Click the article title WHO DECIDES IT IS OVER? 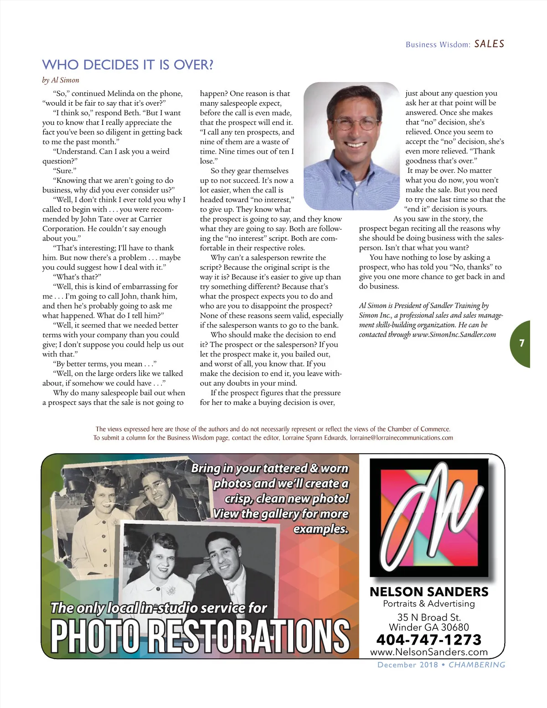click(x=128, y=65)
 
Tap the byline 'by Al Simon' click(x=61, y=80)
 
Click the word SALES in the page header click(x=489, y=44)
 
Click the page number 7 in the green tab click(x=522, y=343)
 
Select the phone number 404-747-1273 click(x=428, y=640)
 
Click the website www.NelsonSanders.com click(x=428, y=652)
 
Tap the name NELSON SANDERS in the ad click(x=428, y=592)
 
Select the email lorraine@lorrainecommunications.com click(x=401, y=438)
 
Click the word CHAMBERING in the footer click(x=477, y=665)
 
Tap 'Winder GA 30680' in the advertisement click(x=428, y=628)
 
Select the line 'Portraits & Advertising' click(x=428, y=604)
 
